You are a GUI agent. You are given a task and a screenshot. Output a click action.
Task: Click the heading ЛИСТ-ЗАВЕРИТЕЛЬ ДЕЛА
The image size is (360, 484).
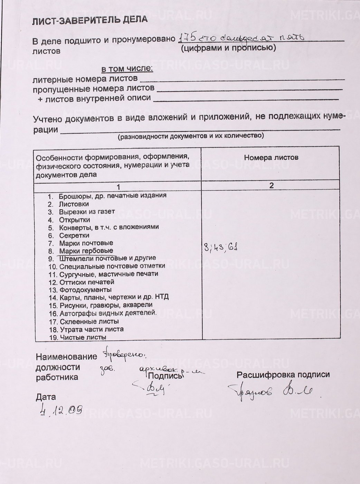point(90,20)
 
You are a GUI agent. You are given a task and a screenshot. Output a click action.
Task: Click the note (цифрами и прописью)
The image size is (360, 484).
point(228,48)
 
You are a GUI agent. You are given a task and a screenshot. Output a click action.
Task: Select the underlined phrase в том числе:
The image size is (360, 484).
point(127,69)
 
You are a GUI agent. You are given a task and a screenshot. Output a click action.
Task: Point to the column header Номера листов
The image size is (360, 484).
point(271,158)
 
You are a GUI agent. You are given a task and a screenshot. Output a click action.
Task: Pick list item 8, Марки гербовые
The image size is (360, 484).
point(86,251)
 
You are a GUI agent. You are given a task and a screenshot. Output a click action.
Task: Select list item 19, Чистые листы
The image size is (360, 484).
point(83,337)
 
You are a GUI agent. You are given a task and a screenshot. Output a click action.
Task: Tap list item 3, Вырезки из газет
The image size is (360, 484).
point(87,212)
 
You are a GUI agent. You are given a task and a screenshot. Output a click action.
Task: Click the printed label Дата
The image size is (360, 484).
point(46,397)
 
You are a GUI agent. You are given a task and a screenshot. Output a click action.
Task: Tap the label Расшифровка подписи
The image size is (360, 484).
point(283,375)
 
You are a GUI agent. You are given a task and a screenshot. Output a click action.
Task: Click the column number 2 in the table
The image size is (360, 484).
point(272,185)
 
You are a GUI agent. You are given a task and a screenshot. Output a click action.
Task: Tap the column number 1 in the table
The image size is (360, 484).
point(118,187)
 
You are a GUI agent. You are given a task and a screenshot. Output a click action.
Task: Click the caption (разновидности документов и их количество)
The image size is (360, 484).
point(191,136)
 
